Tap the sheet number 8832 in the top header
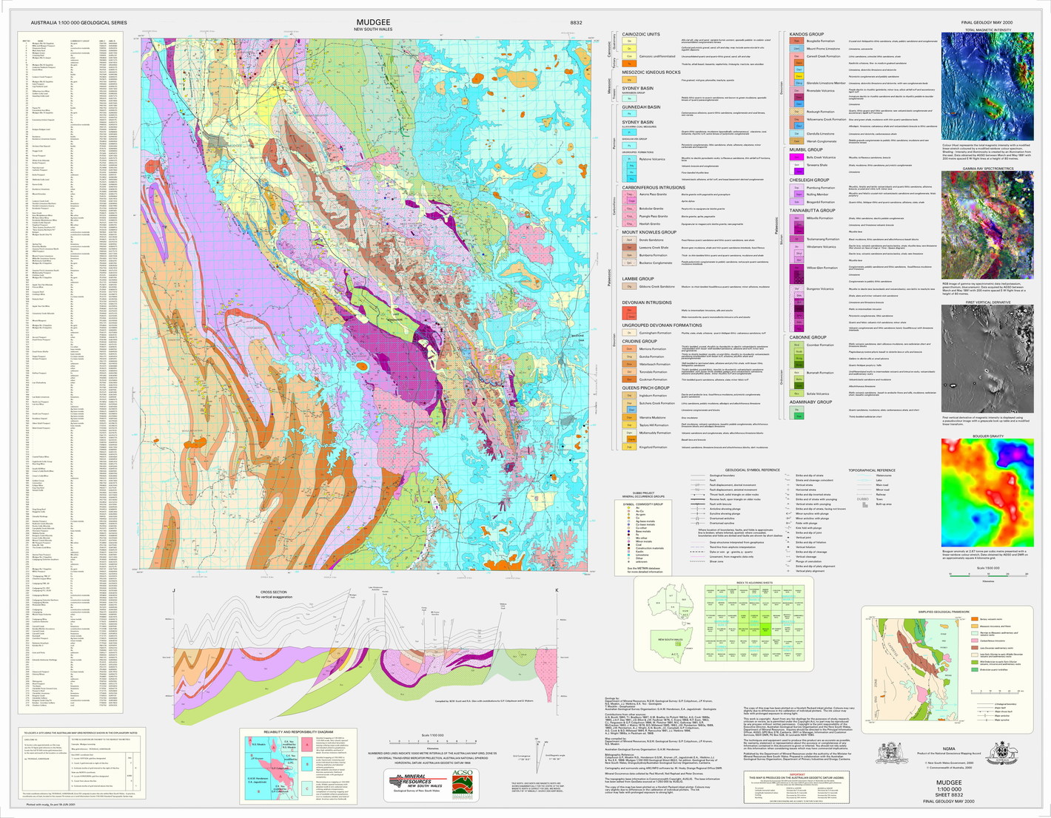(x=576, y=23)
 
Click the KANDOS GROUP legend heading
(x=807, y=34)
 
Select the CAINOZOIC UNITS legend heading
(x=641, y=34)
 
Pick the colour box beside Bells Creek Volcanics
(x=798, y=158)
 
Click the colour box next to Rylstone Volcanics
(x=631, y=159)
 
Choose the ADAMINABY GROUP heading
(x=810, y=402)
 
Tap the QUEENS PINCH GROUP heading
(x=645, y=388)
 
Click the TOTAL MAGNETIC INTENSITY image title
(x=987, y=30)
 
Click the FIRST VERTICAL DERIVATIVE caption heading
(x=987, y=302)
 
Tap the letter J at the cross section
(x=173, y=590)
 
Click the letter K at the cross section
(x=557, y=590)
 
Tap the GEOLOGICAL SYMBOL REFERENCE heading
(x=751, y=470)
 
